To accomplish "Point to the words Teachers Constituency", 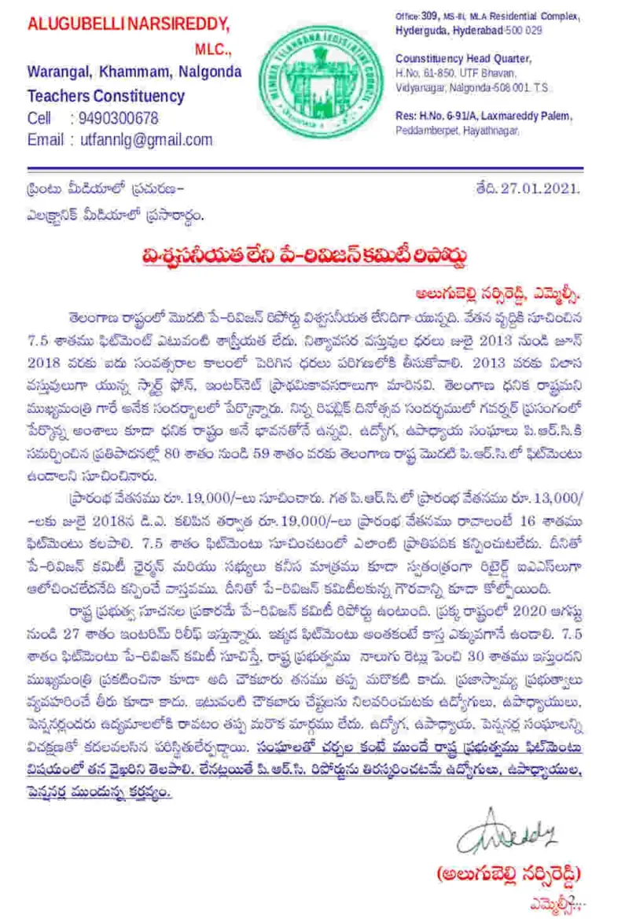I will tap(106, 96).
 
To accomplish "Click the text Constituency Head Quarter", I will tap(463, 59).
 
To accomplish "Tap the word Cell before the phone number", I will tap(39, 119).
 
